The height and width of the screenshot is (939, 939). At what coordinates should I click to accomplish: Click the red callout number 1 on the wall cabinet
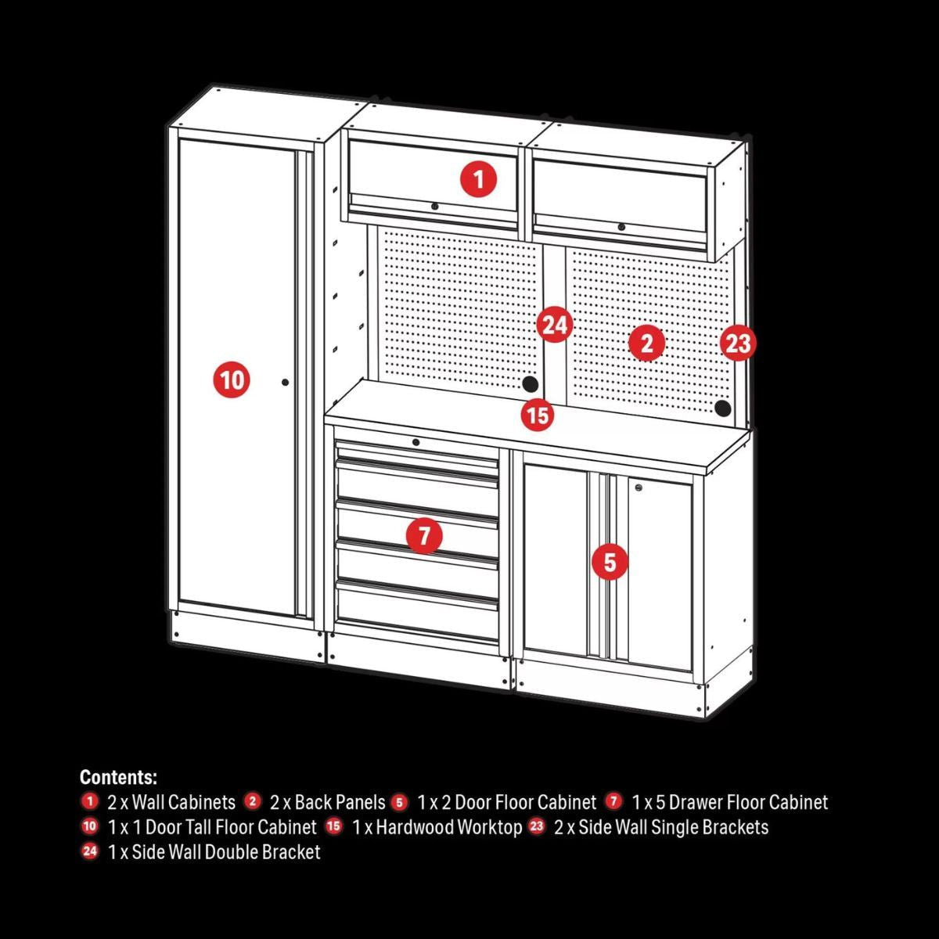(478, 180)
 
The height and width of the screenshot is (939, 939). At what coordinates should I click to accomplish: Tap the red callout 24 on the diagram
(554, 325)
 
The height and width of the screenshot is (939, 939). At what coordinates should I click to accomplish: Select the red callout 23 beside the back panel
(737, 343)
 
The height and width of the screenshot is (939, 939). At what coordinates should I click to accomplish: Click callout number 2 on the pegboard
(646, 343)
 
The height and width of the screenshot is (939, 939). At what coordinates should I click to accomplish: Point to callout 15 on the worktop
(538, 415)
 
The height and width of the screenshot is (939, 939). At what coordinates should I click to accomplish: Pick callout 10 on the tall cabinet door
(232, 380)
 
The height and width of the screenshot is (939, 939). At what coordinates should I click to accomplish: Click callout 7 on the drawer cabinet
(424, 536)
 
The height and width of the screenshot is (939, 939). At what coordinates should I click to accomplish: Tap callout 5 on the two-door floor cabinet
(610, 562)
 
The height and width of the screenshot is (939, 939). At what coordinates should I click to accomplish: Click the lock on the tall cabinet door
(285, 383)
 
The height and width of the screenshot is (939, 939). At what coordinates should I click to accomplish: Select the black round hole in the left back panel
(530, 383)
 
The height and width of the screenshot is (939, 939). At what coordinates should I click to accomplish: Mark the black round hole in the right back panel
(722, 408)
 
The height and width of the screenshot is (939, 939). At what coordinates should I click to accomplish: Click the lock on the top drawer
(416, 442)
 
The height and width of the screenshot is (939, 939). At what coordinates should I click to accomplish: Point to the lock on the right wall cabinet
(621, 227)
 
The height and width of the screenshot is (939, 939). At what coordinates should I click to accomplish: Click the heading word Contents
(118, 778)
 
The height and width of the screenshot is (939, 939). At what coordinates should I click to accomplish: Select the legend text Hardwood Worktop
(448, 827)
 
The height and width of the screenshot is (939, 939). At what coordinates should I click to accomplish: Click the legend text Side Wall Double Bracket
(226, 852)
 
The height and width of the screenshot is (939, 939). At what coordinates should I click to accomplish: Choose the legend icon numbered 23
(536, 826)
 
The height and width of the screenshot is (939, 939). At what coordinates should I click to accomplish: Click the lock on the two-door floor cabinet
(640, 488)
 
